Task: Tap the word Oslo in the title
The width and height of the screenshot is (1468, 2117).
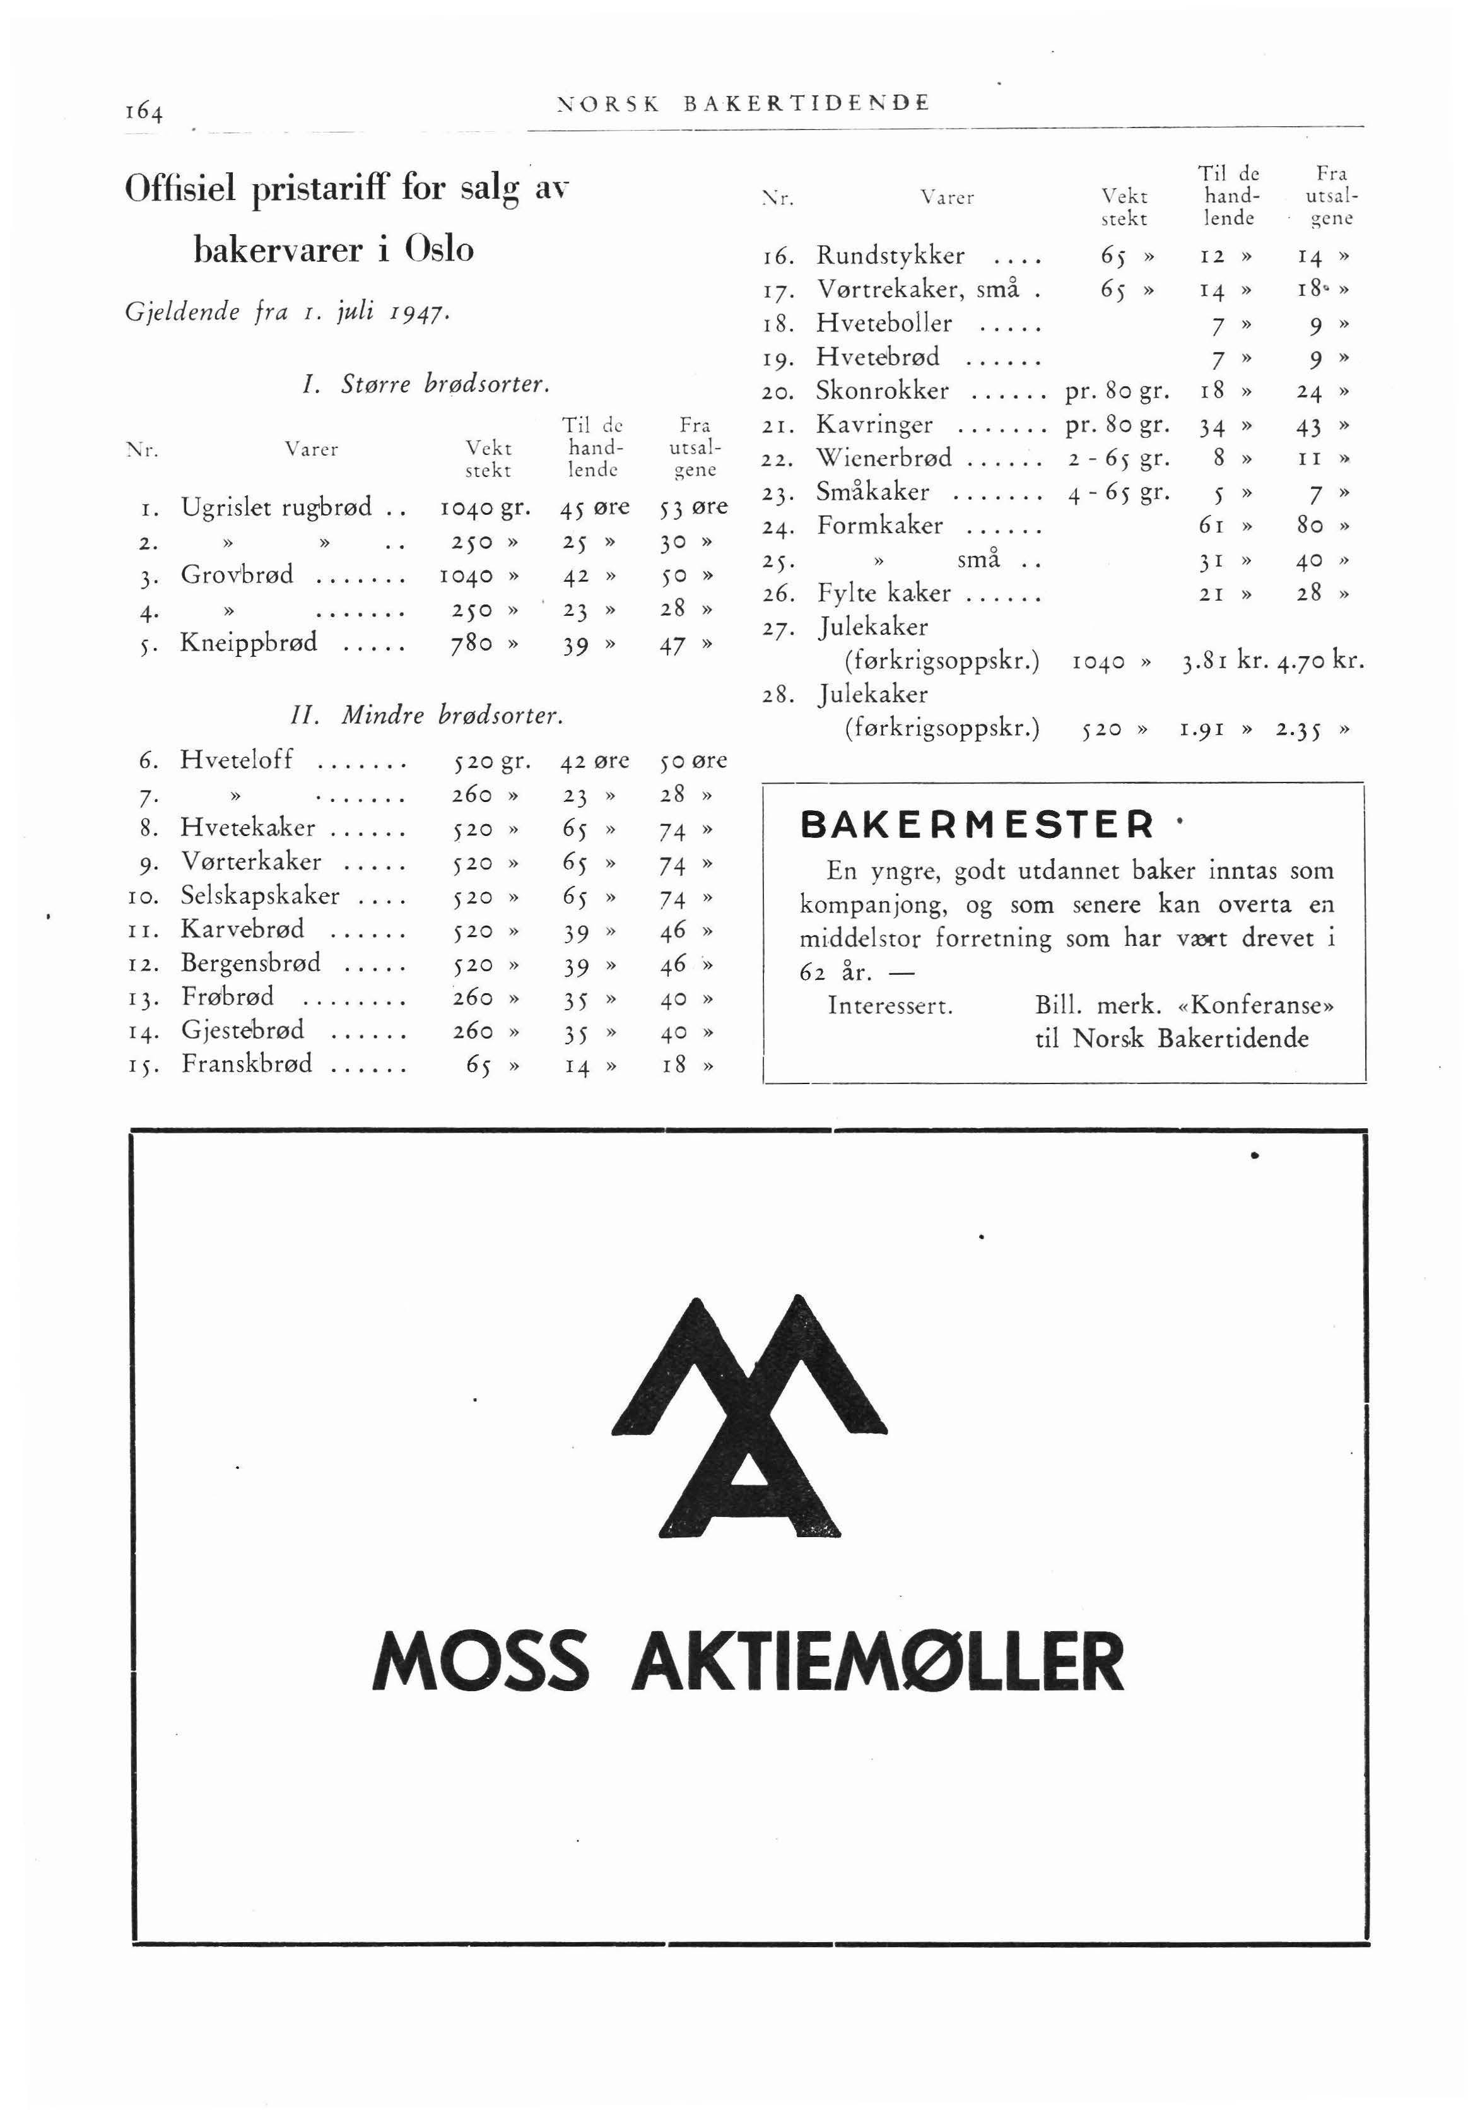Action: coord(435,249)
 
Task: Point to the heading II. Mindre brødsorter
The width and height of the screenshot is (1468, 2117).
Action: coord(425,715)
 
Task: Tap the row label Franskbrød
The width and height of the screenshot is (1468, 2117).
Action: coord(247,1064)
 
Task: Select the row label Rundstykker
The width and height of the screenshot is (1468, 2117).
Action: coord(890,255)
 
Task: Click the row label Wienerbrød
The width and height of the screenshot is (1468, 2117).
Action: coord(884,458)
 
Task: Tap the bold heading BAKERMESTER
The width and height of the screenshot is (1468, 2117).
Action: coord(977,823)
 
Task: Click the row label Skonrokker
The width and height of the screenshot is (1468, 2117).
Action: coord(882,391)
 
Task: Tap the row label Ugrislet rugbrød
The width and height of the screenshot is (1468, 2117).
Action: coord(276,507)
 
